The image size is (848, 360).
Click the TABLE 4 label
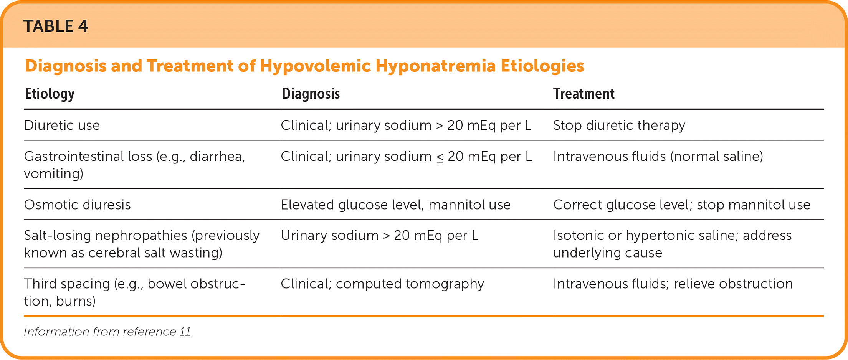coord(56,26)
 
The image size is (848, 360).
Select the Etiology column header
coord(50,94)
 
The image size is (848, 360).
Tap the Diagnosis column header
coord(311,94)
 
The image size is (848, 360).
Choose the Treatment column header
coord(584,94)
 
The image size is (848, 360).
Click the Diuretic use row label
coord(62,126)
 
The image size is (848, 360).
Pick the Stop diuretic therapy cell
coord(619,126)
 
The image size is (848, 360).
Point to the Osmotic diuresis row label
coord(77,205)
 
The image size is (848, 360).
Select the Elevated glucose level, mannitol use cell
coord(395,205)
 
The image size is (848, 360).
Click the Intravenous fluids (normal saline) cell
coord(658,157)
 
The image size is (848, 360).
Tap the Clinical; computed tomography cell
coord(382,284)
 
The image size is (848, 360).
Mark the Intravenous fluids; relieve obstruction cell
coord(673,284)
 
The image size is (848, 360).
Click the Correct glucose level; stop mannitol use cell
coord(682,205)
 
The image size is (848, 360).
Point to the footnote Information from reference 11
coord(109,332)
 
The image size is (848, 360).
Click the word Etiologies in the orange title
coord(542,66)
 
